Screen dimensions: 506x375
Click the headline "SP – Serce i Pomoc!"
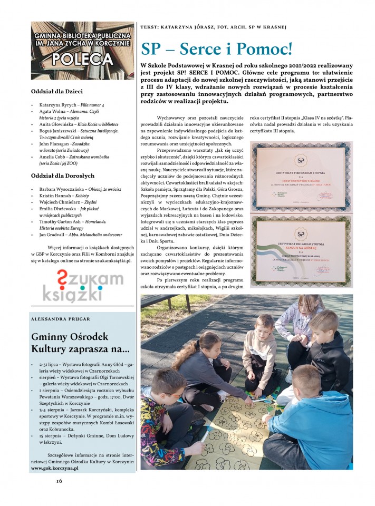click(x=216, y=49)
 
